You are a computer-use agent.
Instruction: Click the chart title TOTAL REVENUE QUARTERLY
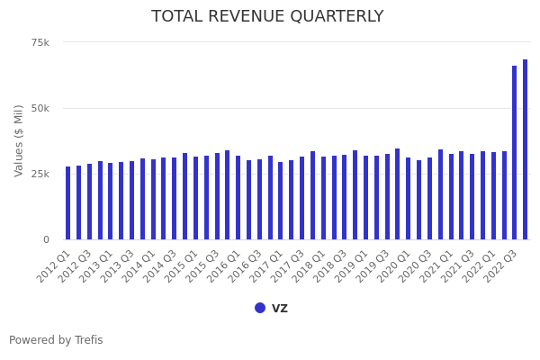pos(267,17)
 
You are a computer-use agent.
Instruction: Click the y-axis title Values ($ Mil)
pos(19,139)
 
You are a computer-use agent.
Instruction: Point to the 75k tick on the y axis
pos(40,42)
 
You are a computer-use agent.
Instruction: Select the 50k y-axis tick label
pos(40,108)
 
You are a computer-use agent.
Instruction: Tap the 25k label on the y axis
pos(40,174)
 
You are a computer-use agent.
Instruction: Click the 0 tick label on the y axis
pos(46,239)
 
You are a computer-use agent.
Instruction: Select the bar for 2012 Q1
pos(67,203)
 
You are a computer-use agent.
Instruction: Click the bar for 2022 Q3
pos(515,153)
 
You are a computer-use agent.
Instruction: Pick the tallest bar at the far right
pos(526,150)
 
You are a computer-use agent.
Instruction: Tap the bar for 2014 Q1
pos(153,200)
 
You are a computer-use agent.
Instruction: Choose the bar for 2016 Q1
pos(238,198)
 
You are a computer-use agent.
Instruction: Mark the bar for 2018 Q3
pos(345,197)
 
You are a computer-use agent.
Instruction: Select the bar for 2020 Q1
pos(409,199)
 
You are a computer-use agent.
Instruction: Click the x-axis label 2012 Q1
pos(55,266)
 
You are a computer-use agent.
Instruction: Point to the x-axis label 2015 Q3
pos(204,266)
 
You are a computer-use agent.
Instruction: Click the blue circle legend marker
pos(260,308)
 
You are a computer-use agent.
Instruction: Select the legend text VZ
pos(280,308)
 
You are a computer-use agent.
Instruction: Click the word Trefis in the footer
pos(88,340)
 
